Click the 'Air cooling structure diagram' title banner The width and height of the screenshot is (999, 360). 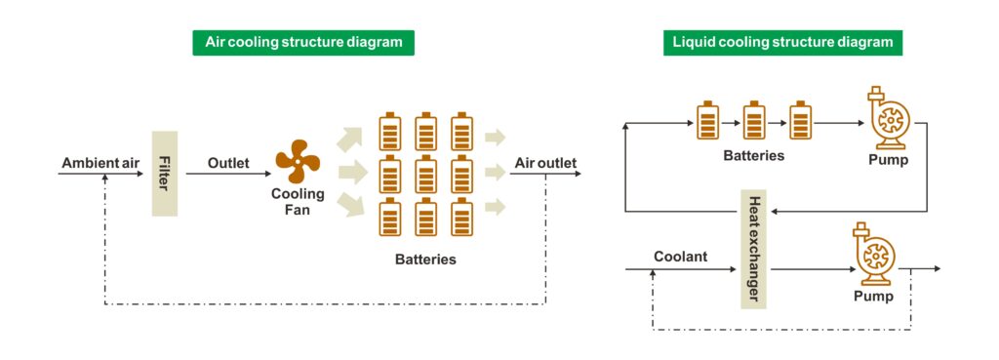pos(303,43)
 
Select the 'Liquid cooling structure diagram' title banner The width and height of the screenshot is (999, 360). pos(782,43)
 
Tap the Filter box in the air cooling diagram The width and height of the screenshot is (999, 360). pos(164,174)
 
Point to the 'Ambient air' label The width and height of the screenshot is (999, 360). pos(100,164)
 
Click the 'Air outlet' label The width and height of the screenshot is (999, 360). pos(545,163)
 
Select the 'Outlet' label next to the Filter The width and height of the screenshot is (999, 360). pos(228,164)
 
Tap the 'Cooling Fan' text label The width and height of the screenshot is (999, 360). pos(299,201)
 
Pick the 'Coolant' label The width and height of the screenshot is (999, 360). pos(680,257)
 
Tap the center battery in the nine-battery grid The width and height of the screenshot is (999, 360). pos(425,175)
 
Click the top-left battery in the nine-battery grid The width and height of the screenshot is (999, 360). pos(390,132)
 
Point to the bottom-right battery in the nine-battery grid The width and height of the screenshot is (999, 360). pos(461,218)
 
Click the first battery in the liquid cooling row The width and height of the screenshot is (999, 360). pos(706,120)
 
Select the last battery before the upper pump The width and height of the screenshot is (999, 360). pos(800,120)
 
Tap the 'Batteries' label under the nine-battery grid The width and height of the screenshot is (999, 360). pos(425,260)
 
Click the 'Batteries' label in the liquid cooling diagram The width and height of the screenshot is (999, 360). pos(754,155)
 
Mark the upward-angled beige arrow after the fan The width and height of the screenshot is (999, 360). pos(349,140)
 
